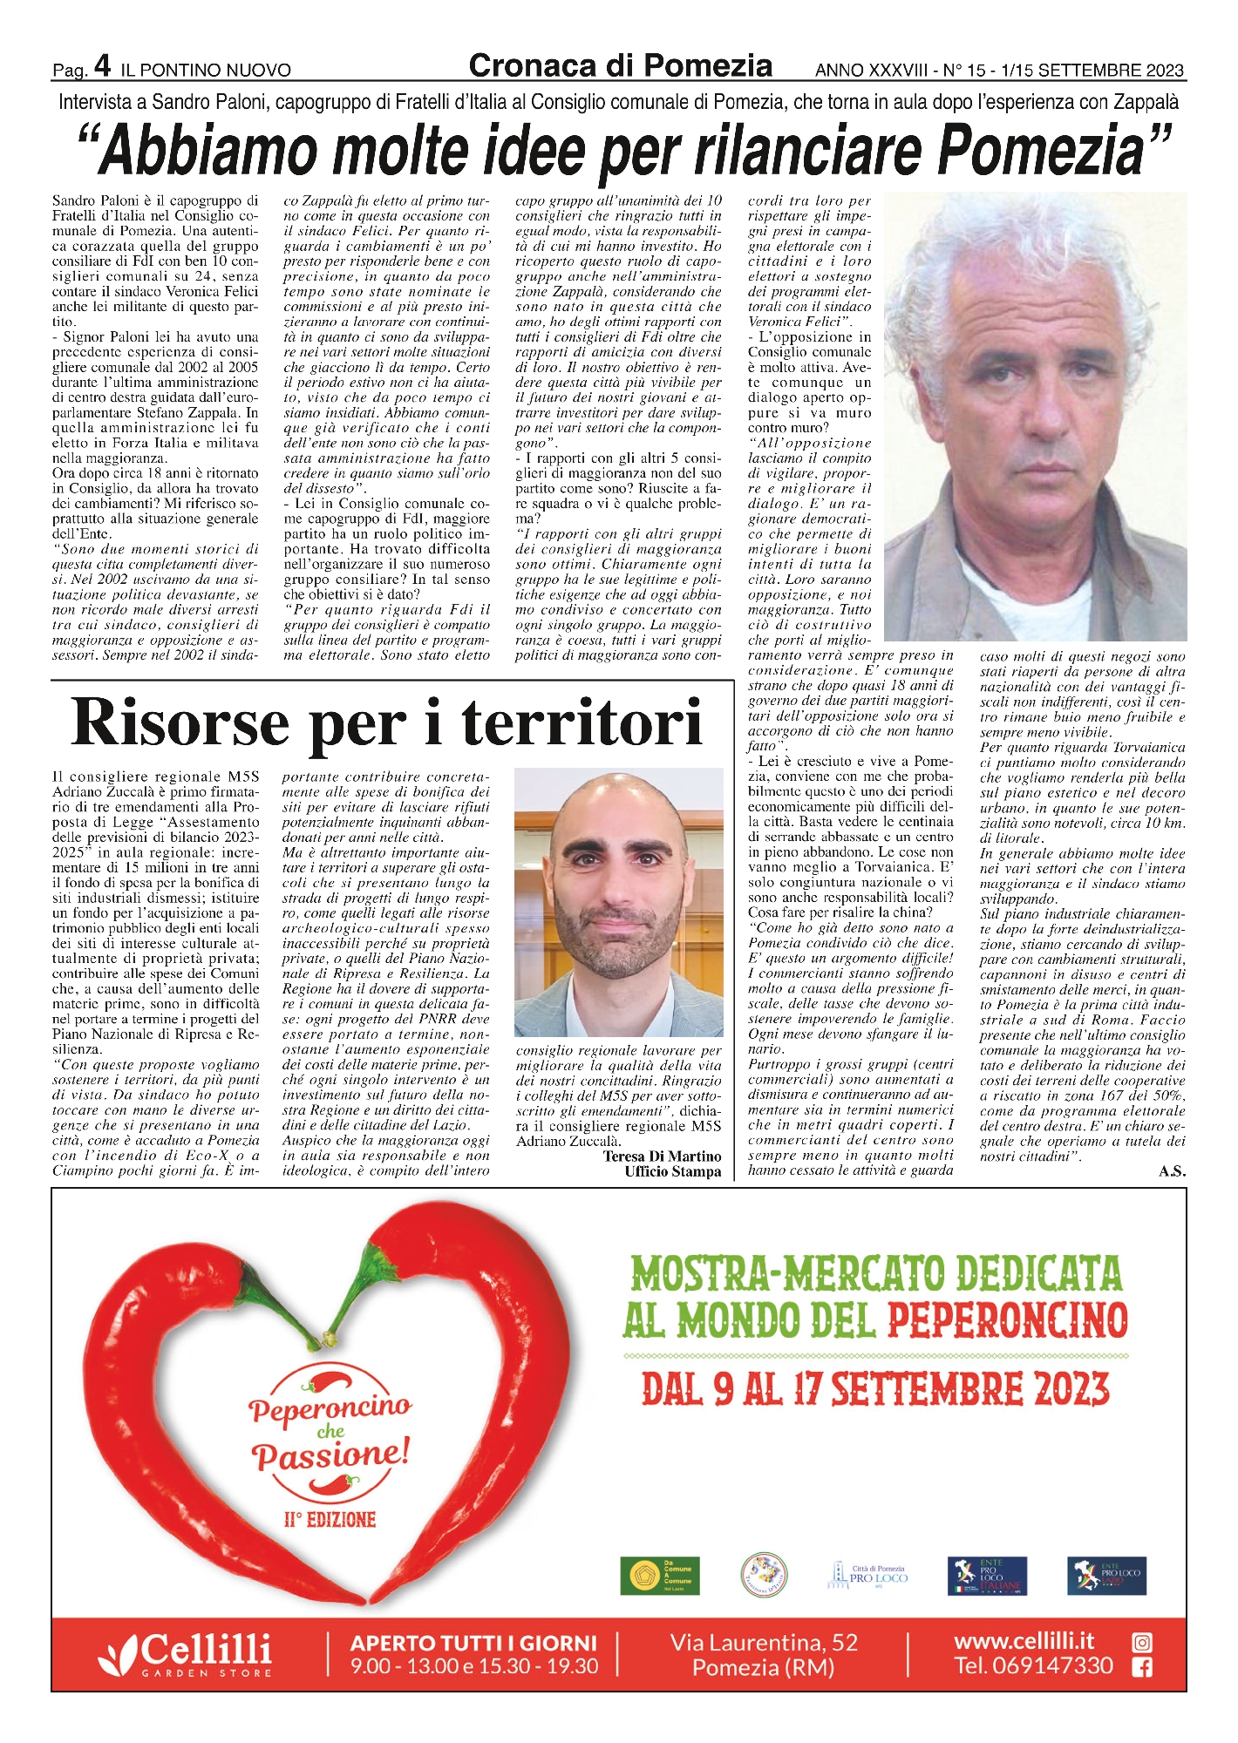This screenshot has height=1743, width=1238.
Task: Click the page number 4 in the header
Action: [102, 65]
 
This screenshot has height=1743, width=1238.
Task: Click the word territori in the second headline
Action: [582, 722]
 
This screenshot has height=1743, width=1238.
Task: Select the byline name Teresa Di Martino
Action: [662, 1156]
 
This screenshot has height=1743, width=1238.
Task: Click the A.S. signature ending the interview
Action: [1172, 1171]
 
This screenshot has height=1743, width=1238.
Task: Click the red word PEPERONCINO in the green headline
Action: [1008, 1320]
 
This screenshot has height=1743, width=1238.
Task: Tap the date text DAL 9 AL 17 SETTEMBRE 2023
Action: [875, 1389]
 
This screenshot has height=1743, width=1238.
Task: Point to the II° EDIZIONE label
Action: [330, 1520]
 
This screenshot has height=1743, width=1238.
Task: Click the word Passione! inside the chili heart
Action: [330, 1455]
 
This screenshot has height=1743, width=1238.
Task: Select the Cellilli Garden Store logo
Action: [185, 1653]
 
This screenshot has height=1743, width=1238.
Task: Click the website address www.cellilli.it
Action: [1024, 1641]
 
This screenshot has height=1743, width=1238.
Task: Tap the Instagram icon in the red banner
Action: [1141, 1643]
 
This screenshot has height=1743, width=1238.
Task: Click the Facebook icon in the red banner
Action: [1141, 1668]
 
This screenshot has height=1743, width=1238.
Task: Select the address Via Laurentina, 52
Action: [764, 1643]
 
